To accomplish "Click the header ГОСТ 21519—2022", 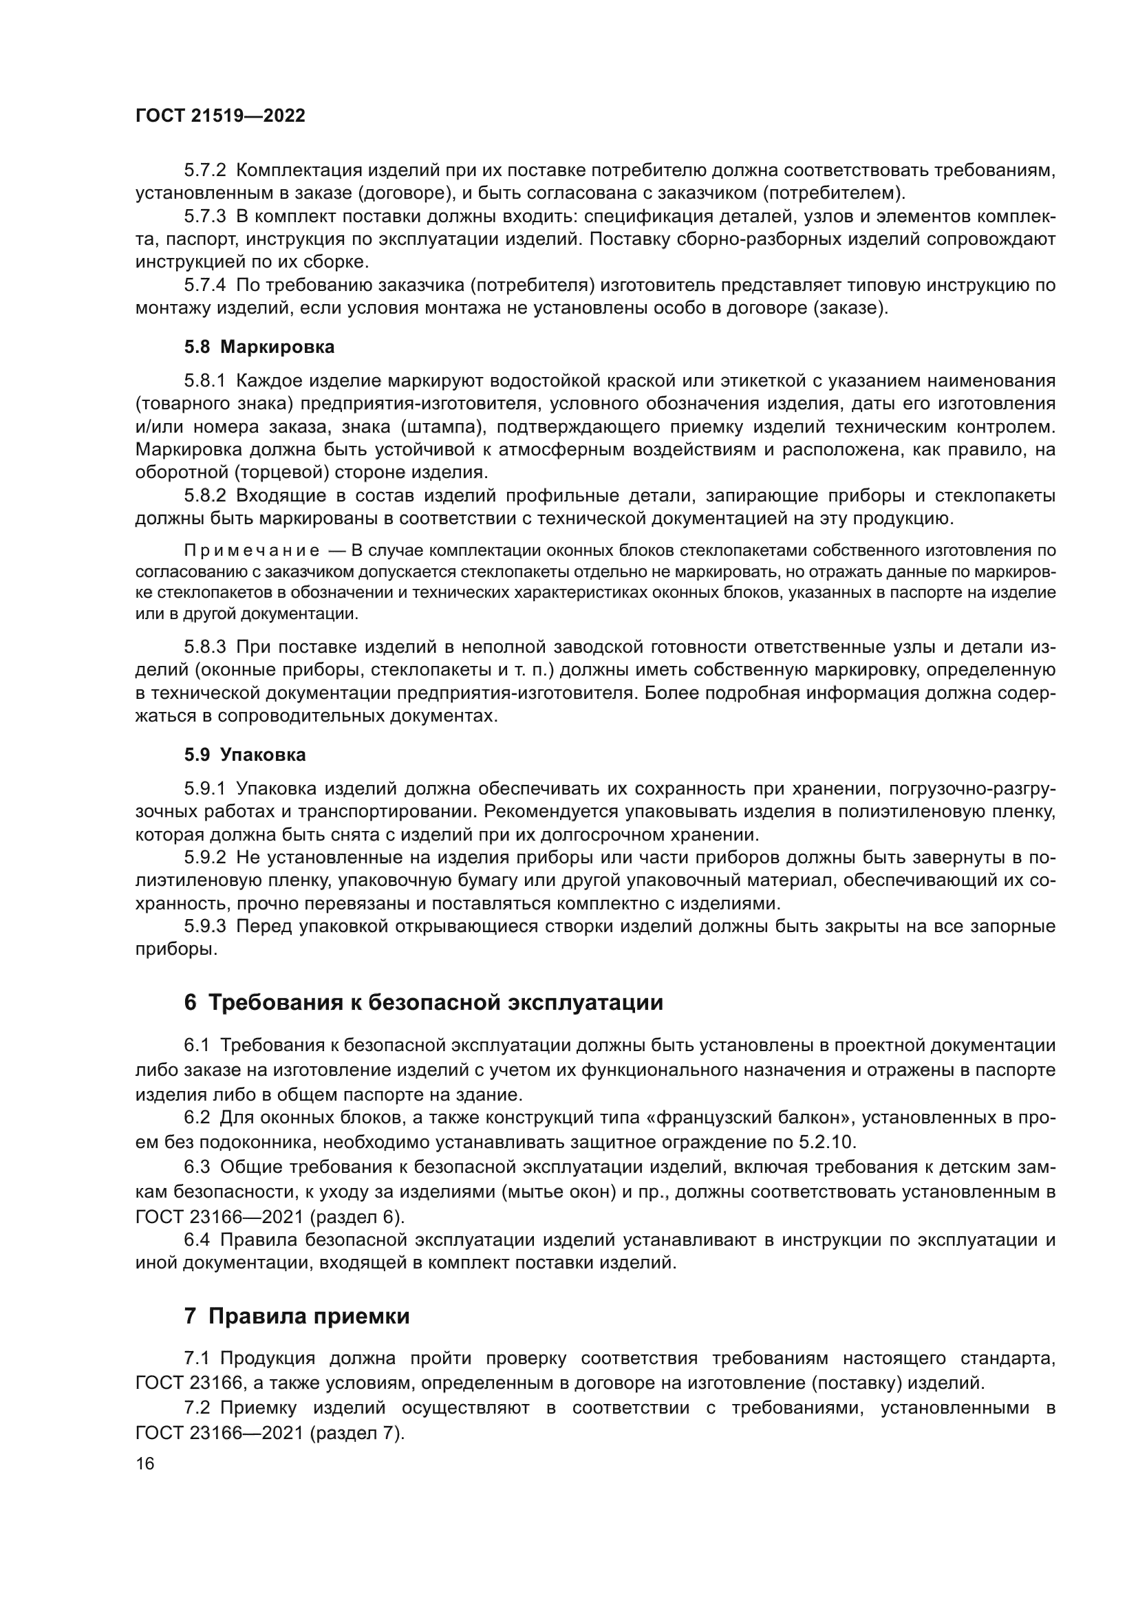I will pyautogui.click(x=220, y=116).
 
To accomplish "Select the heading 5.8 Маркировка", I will pyautogui.click(x=259, y=347).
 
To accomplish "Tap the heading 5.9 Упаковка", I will pyautogui.click(x=244, y=755).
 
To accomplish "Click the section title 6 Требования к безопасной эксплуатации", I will pyautogui.click(x=423, y=1003).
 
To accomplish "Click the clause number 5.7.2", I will pyautogui.click(x=204, y=171).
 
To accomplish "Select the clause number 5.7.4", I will pyautogui.click(x=204, y=285).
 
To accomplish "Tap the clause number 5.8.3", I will pyautogui.click(x=204, y=647).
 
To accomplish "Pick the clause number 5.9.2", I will pyautogui.click(x=204, y=857).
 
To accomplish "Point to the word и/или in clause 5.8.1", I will pyautogui.click(x=158, y=426).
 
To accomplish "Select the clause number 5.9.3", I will pyautogui.click(x=204, y=927).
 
